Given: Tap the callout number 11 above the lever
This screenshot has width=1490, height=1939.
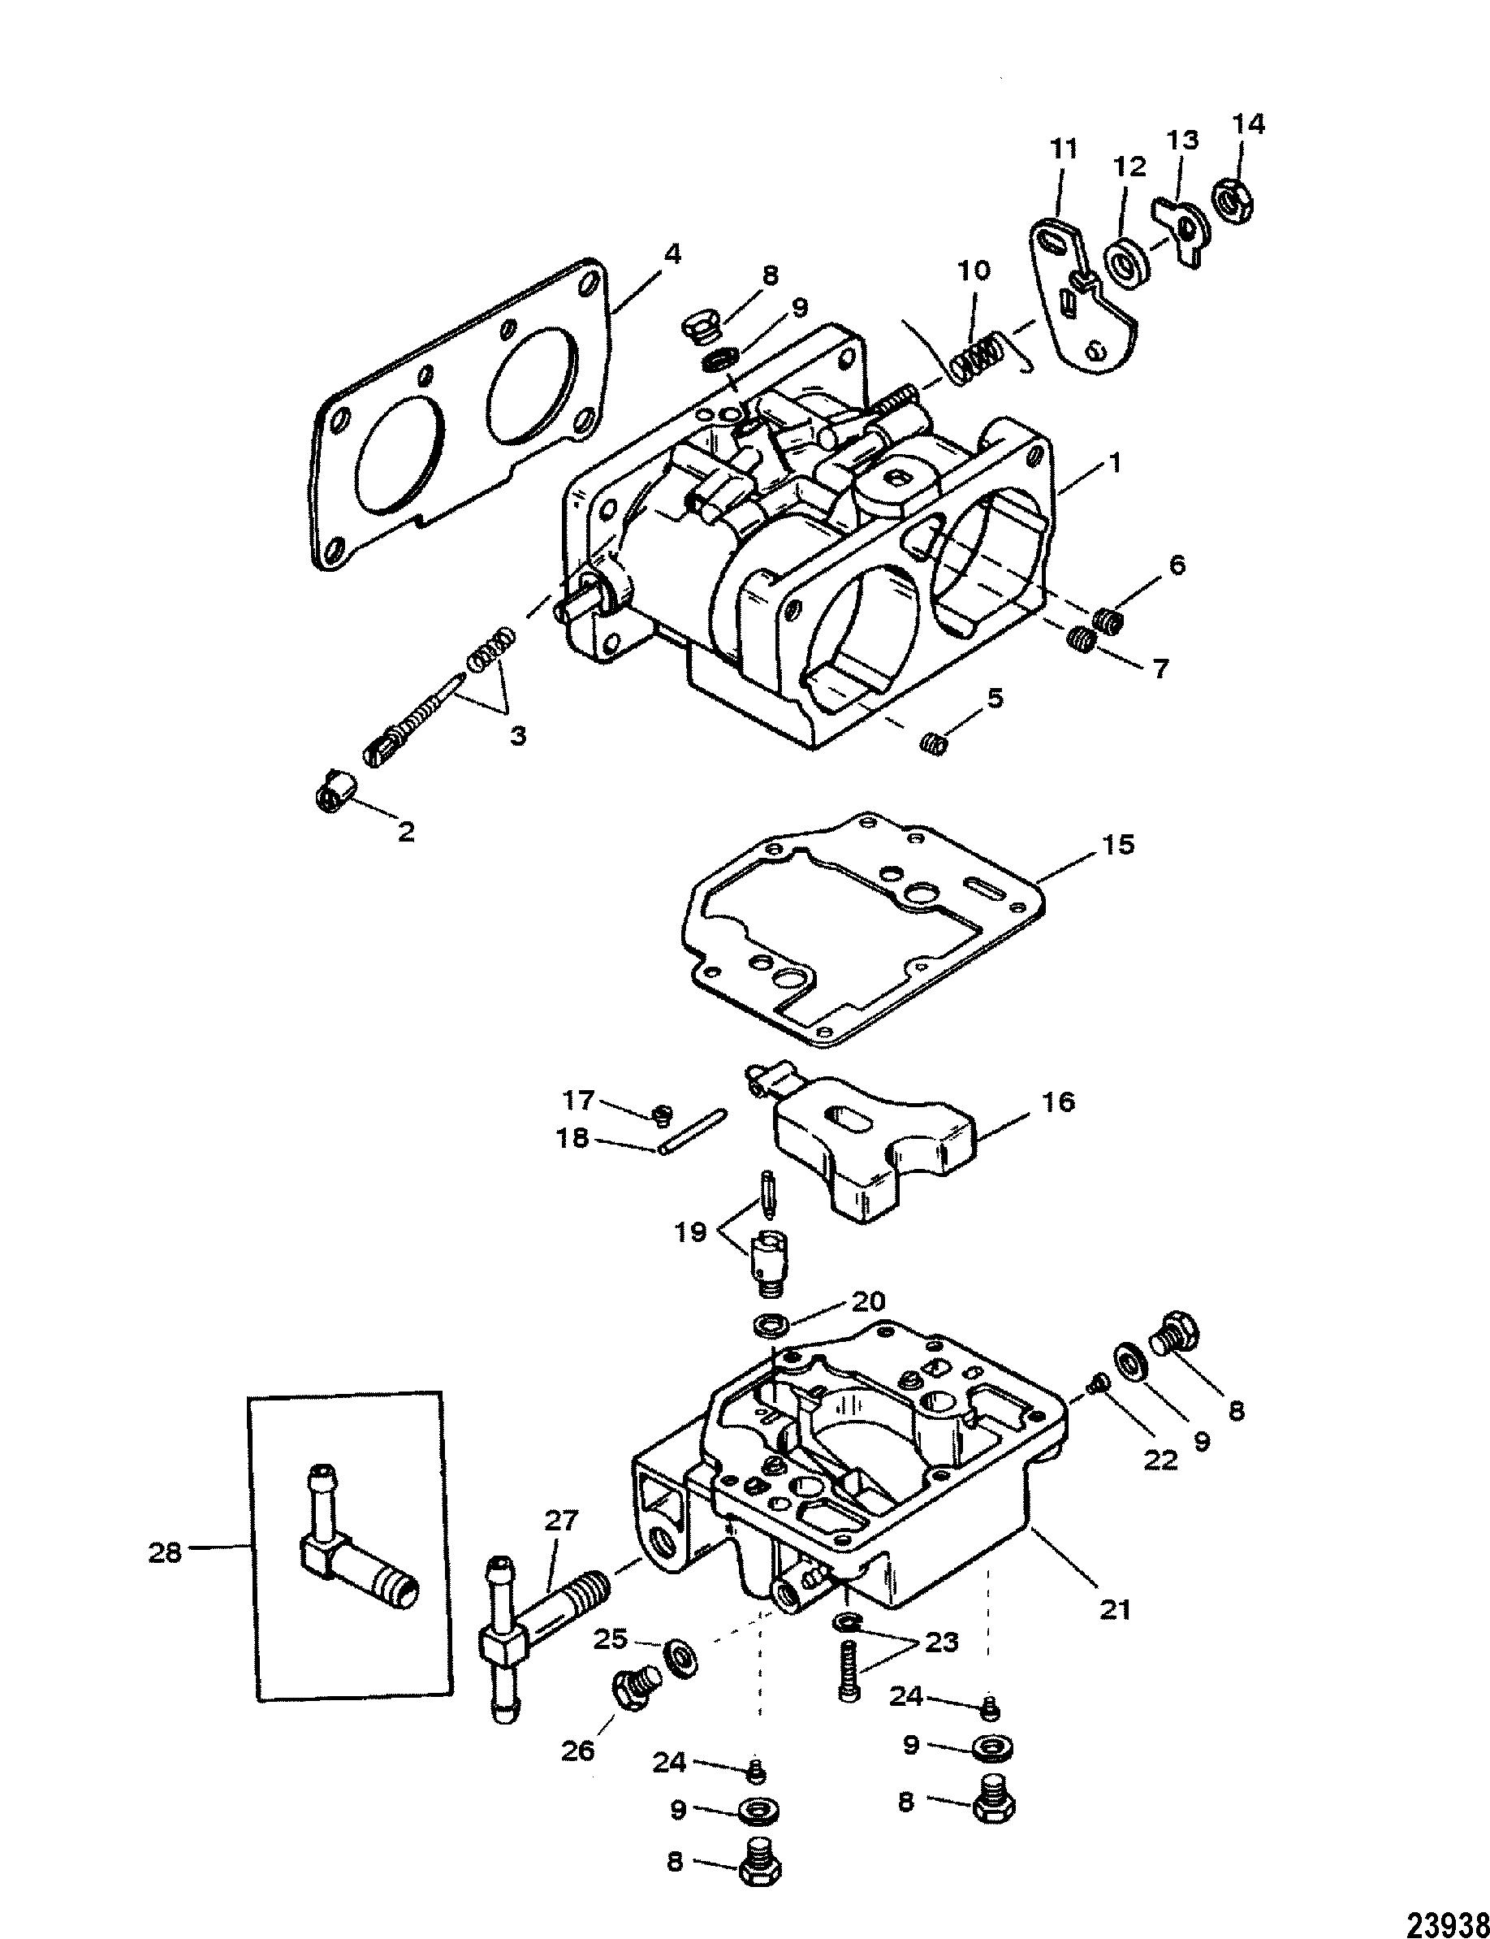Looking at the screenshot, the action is click(x=1063, y=148).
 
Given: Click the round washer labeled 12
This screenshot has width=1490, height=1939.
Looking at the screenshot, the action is click(x=1127, y=263).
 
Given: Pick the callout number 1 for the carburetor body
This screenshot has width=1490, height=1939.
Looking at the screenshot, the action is click(x=1116, y=463).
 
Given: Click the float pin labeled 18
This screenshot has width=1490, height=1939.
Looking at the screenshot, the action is click(x=693, y=1132).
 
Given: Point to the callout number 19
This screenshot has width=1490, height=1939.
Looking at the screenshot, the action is click(x=689, y=1232).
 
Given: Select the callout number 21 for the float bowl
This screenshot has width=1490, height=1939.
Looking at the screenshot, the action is click(x=1116, y=1608).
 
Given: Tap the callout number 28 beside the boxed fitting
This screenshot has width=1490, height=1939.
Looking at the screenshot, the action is click(x=166, y=1552).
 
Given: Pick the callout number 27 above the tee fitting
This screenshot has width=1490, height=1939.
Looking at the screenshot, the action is click(x=560, y=1522).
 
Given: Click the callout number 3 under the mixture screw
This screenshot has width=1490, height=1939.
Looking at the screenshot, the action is click(x=518, y=735).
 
